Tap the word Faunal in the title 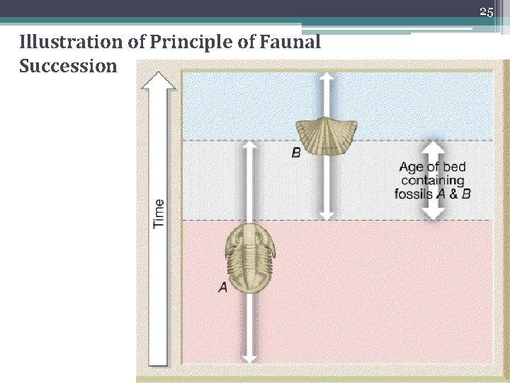pos(292,44)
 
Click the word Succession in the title pos(69,67)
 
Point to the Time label pos(159,213)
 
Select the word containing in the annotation pos(432,180)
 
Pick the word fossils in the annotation pos(414,193)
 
